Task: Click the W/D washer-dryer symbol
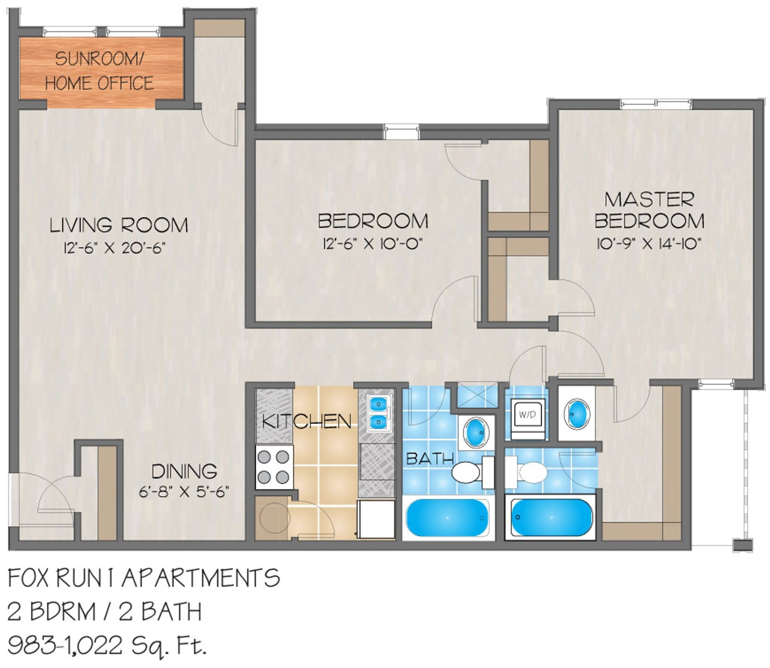(x=527, y=415)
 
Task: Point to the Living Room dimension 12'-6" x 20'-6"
(x=114, y=248)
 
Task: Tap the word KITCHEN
(x=307, y=422)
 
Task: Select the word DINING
(x=184, y=471)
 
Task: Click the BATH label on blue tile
(x=430, y=458)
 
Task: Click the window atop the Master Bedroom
(x=656, y=104)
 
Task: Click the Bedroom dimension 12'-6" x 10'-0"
(x=373, y=244)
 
